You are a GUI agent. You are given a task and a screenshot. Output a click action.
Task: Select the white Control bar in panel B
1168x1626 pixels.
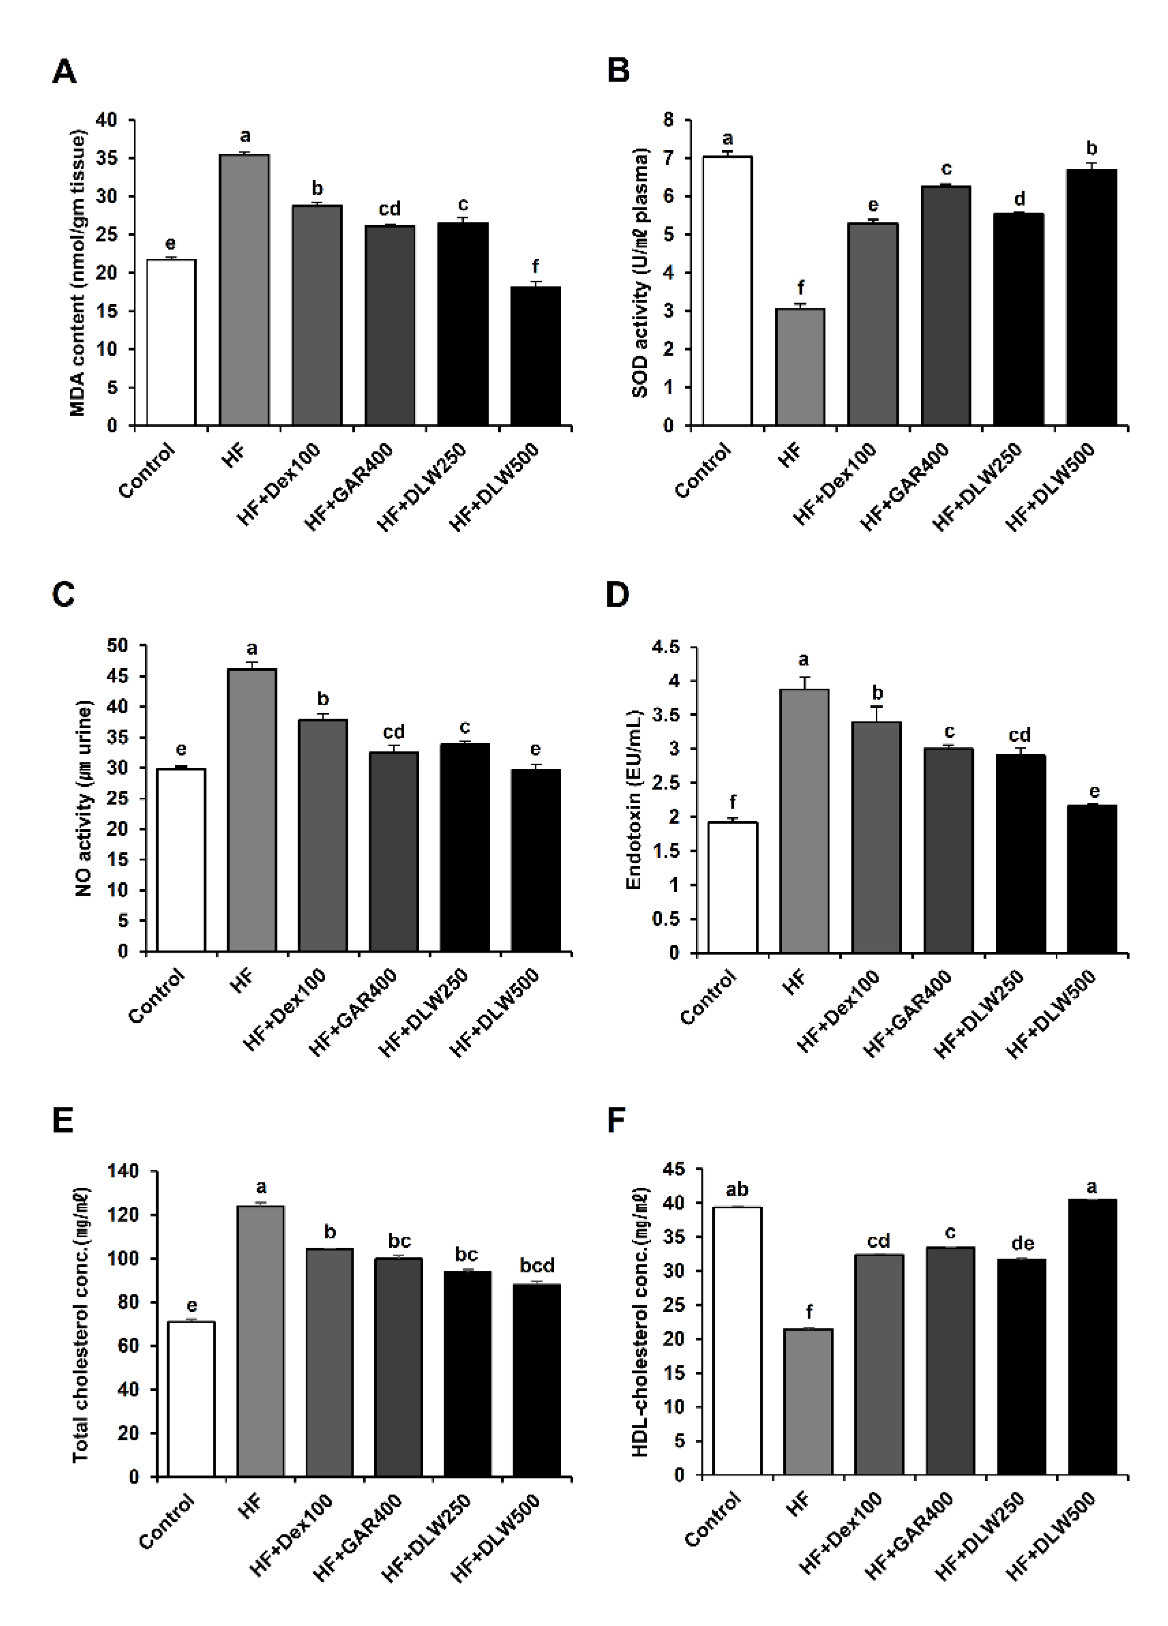pos(727,291)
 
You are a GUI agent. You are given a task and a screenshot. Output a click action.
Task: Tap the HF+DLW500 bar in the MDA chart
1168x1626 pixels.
pos(535,356)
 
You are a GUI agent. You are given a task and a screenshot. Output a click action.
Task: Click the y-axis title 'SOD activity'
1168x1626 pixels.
pos(640,273)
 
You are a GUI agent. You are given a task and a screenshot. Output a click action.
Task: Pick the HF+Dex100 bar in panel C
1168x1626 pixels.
pos(323,835)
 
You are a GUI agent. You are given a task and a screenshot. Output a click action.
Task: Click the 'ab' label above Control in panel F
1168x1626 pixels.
pos(737,1190)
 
